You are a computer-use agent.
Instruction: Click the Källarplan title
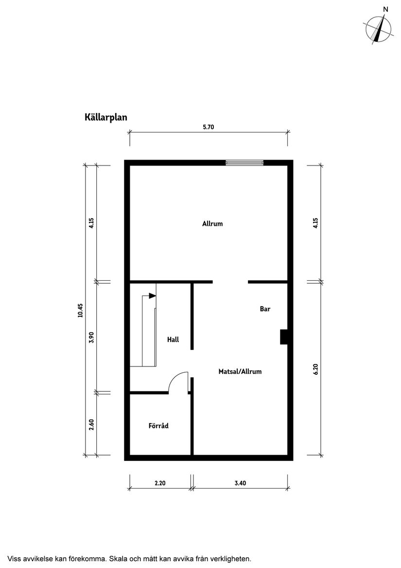point(105,117)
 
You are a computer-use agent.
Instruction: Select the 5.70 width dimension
point(208,127)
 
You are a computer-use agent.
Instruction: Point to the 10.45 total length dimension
point(80,310)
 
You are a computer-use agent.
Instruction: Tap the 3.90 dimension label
point(91,337)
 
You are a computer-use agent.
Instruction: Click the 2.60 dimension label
point(91,424)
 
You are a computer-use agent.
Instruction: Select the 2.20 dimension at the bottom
point(160,483)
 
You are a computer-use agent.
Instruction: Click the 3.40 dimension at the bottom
point(240,483)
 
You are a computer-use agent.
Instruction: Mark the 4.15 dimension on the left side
point(91,223)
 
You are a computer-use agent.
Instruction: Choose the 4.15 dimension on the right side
point(315,223)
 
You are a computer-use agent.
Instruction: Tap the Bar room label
point(265,309)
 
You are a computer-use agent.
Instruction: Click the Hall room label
point(173,339)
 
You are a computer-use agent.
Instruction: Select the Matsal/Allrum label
point(240,371)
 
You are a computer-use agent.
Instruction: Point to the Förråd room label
point(158,426)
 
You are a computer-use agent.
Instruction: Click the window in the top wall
point(244,163)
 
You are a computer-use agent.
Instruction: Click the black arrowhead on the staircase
point(152,295)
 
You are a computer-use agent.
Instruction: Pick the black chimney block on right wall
point(283,337)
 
